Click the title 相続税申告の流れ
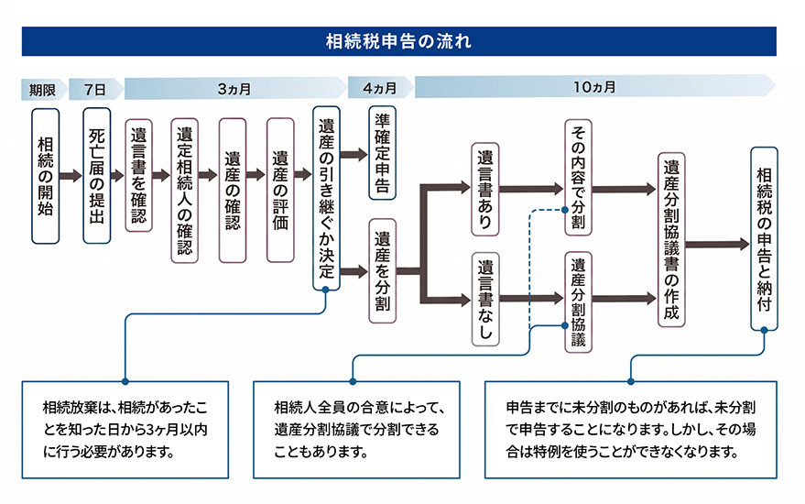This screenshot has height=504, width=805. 398,41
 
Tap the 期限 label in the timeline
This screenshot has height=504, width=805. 42,90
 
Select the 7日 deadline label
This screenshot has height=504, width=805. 95,90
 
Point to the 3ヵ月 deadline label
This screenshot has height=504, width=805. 234,89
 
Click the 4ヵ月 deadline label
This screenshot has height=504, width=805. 380,88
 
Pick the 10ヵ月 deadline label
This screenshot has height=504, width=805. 594,87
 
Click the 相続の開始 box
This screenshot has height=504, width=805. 45,176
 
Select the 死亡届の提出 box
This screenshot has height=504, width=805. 96,176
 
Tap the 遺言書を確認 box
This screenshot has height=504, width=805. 138,176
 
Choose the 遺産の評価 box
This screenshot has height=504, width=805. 280,190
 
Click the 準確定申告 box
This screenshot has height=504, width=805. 383,153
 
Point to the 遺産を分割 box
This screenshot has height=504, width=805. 383,270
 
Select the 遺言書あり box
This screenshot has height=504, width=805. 485,189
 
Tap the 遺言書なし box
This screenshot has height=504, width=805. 485,299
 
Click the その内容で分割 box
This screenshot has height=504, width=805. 578,177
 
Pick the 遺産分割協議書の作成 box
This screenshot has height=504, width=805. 671,239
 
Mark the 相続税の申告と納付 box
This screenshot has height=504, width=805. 764,239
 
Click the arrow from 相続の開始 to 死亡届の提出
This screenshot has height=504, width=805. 71,176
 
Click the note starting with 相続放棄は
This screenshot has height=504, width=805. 125,430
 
